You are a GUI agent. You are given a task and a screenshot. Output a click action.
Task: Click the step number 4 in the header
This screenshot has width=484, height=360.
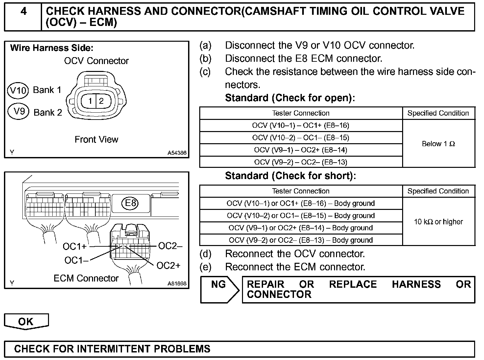click(x=23, y=11)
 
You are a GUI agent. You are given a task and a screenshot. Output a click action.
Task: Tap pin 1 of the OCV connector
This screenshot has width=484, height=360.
click(x=90, y=101)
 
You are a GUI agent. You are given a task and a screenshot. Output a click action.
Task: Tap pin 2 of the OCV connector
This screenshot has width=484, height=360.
click(x=101, y=101)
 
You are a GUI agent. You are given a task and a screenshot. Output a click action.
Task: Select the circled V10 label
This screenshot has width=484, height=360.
click(x=18, y=90)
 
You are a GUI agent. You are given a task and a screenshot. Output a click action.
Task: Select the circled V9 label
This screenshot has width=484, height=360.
click(x=19, y=111)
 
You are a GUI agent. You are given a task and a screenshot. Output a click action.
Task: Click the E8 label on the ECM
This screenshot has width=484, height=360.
click(x=131, y=203)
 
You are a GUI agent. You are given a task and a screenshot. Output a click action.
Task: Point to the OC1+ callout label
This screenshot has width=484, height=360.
click(x=75, y=246)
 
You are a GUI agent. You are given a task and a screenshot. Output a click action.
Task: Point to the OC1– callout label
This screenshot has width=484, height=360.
click(x=76, y=260)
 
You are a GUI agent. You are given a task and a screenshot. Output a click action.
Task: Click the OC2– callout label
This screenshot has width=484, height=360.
click(x=170, y=246)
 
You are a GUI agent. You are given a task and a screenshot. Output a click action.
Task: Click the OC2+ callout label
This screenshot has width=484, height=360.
click(x=168, y=265)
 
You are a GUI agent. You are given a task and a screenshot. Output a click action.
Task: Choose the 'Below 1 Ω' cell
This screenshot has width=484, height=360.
click(x=438, y=144)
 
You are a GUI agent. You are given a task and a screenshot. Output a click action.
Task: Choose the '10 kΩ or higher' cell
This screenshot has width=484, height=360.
click(x=438, y=222)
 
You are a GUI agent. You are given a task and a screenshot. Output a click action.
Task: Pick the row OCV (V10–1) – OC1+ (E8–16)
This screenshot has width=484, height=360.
click(x=301, y=125)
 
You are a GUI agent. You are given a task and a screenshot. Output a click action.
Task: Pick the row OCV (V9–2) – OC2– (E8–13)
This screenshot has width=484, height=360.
click(x=301, y=162)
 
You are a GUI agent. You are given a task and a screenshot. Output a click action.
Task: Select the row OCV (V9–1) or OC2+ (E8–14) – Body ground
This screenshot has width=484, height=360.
click(x=301, y=228)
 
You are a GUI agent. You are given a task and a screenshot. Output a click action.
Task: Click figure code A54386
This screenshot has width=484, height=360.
click(x=177, y=153)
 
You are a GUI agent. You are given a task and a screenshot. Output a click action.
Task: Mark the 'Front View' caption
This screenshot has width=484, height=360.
click(x=96, y=140)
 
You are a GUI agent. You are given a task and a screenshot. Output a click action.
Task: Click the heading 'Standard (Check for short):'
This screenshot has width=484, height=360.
click(x=290, y=176)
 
